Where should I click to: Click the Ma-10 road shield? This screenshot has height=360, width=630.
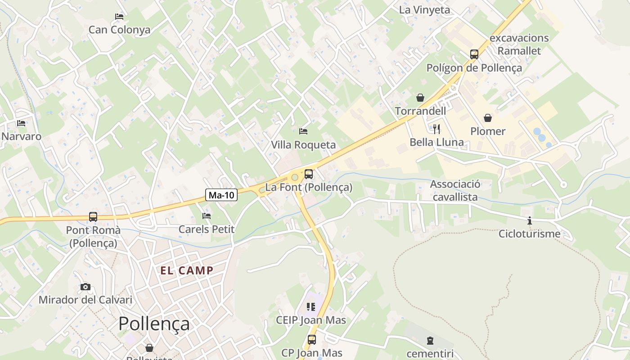pyautogui.click(x=221, y=195)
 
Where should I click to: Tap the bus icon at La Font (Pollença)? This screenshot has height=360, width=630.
pyautogui.click(x=308, y=174)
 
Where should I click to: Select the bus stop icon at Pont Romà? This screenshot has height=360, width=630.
pyautogui.click(x=93, y=217)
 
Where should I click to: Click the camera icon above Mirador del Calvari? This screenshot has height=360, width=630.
pyautogui.click(x=85, y=287)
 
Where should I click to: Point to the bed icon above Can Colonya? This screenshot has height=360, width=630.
pyautogui.click(x=119, y=17)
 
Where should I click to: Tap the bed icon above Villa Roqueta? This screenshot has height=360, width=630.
pyautogui.click(x=303, y=131)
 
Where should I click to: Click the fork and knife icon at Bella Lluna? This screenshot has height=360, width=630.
pyautogui.click(x=436, y=129)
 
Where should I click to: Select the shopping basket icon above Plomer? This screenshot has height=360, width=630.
pyautogui.click(x=487, y=118)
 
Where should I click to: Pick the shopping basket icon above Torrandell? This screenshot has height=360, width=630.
pyautogui.click(x=420, y=98)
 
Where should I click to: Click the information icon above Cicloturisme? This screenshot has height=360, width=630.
pyautogui.click(x=530, y=220)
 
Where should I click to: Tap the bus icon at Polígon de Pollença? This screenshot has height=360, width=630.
pyautogui.click(x=474, y=54)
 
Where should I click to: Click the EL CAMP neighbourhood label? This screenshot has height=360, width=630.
pyautogui.click(x=187, y=270)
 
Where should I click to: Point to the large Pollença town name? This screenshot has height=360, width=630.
pyautogui.click(x=154, y=324)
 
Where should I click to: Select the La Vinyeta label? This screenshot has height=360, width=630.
pyautogui.click(x=424, y=10)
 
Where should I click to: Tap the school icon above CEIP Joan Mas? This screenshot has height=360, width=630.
pyautogui.click(x=310, y=307)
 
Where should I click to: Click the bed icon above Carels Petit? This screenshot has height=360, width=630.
pyautogui.click(x=207, y=216)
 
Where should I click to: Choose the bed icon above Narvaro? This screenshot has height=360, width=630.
pyautogui.click(x=21, y=123)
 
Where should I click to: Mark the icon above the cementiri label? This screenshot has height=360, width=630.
pyautogui.click(x=430, y=340)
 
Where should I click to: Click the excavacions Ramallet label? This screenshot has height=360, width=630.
pyautogui.click(x=519, y=44)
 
